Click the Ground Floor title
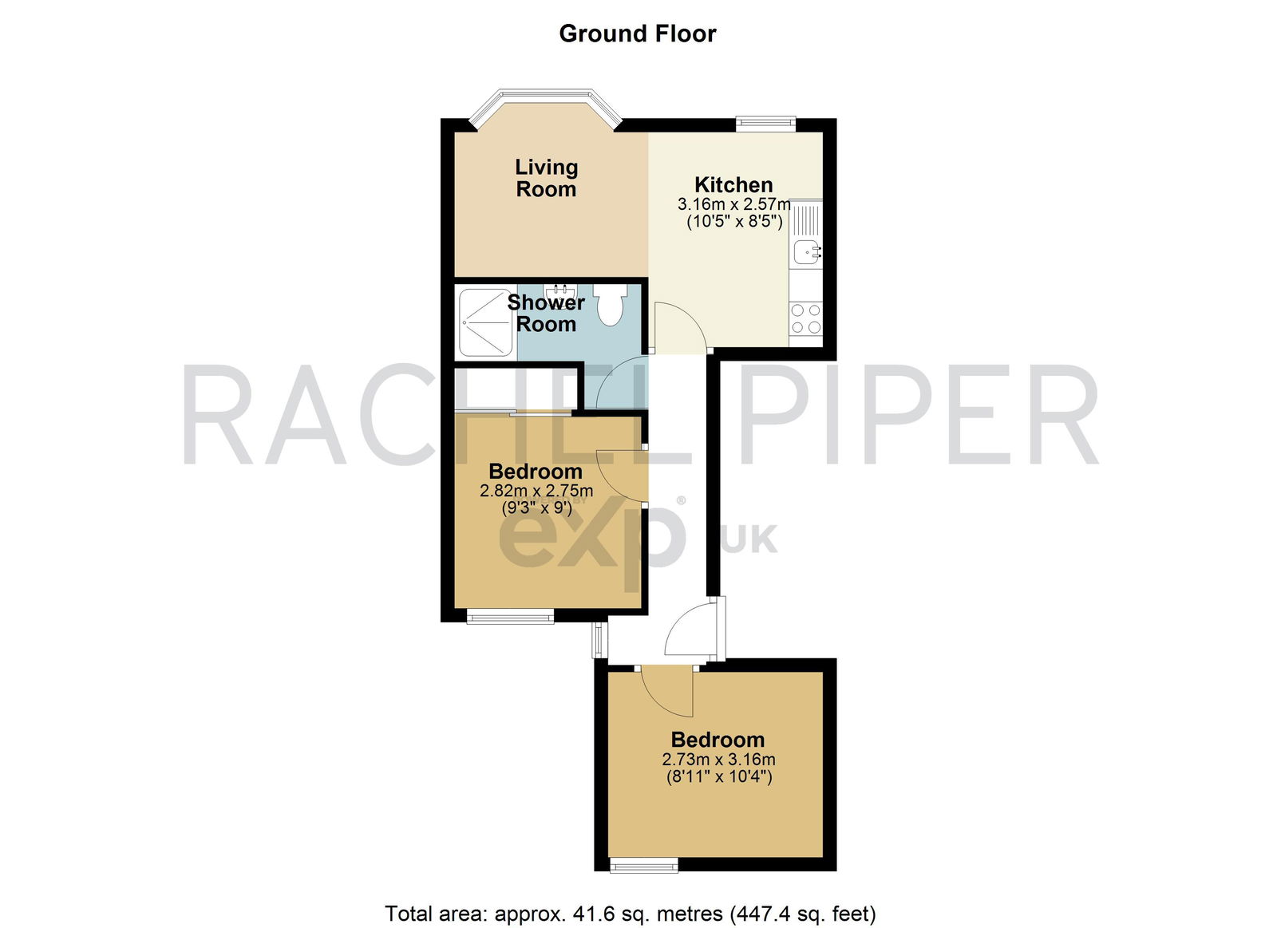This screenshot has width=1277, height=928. [638, 34]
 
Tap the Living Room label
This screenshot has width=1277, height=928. [546, 178]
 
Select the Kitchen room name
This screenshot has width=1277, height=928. [733, 184]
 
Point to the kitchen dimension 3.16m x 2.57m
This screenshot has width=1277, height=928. [733, 203]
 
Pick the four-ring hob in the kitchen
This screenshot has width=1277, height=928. [806, 318]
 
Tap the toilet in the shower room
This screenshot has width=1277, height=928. [610, 304]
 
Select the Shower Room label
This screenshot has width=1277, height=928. [546, 313]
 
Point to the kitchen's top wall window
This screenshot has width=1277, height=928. [765, 123]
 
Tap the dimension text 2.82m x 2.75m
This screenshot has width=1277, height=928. [536, 490]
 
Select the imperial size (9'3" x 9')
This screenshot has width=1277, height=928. [536, 507]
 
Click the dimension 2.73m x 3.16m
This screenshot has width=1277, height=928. [718, 760]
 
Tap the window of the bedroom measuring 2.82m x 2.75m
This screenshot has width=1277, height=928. [510, 616]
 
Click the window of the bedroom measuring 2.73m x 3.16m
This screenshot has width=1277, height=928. [644, 866]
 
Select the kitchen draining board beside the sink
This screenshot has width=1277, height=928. [807, 220]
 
